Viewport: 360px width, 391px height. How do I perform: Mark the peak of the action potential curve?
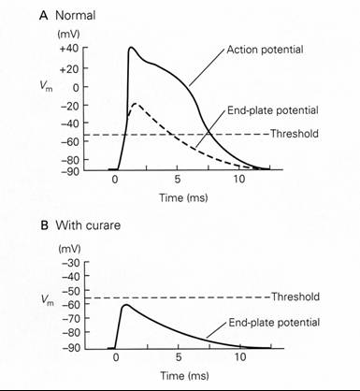click(132, 48)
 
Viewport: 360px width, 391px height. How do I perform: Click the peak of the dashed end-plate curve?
click(137, 104)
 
